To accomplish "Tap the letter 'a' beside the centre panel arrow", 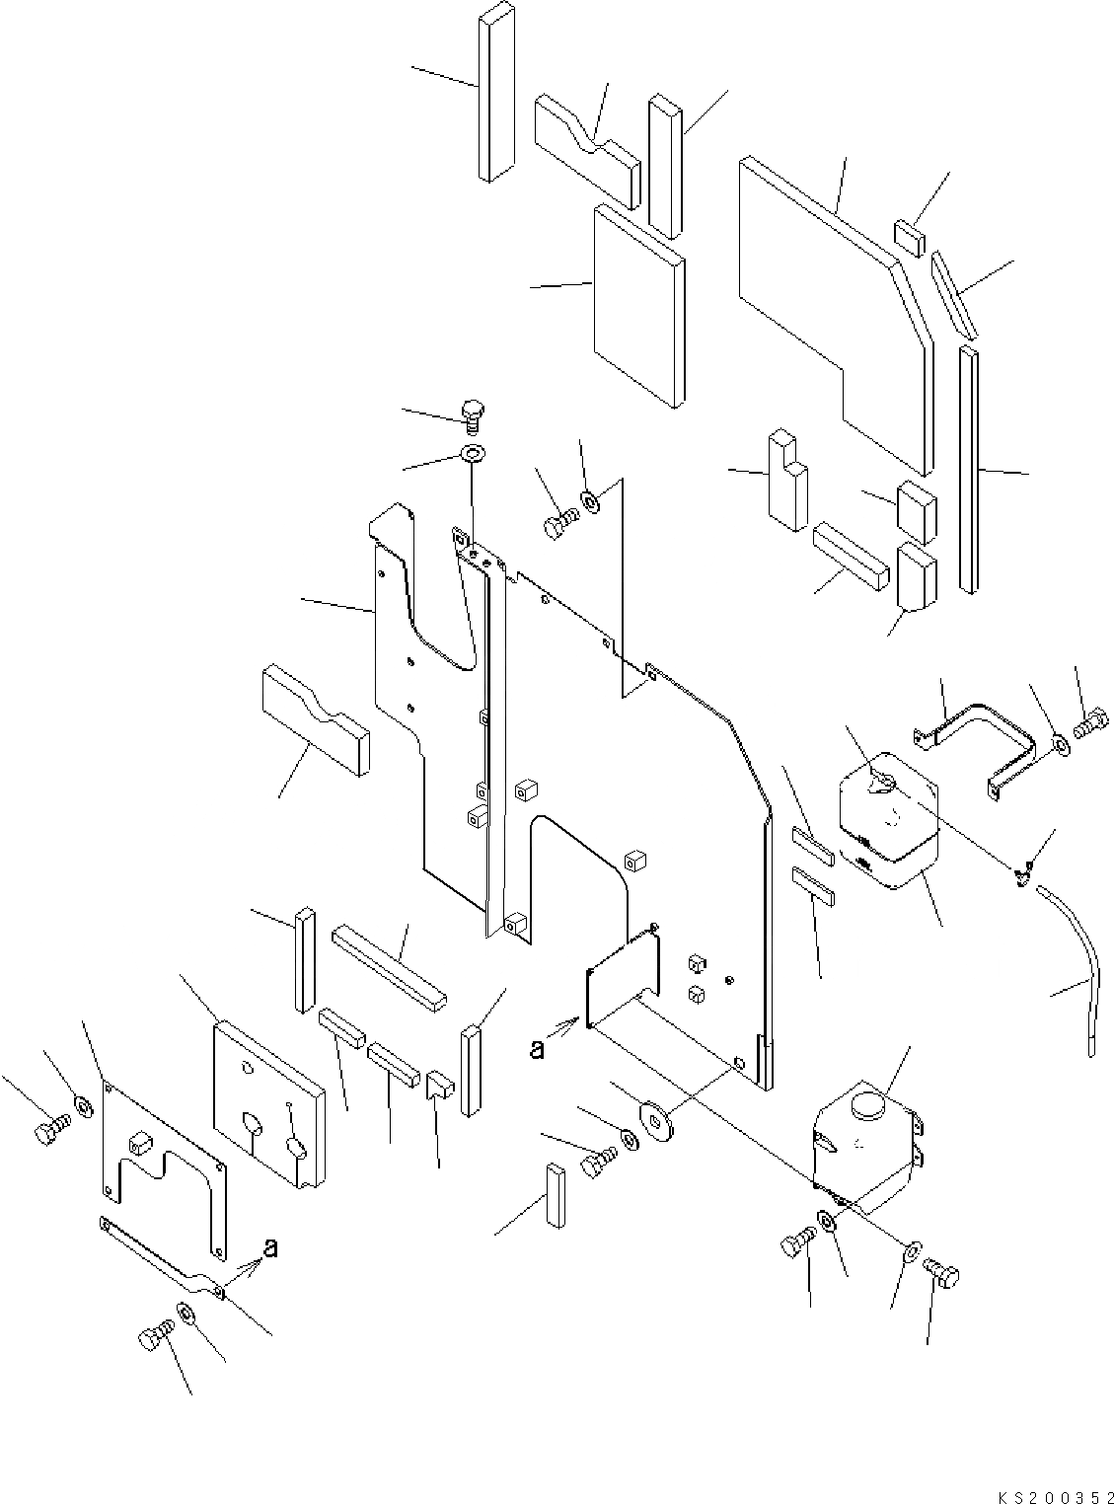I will [537, 1049].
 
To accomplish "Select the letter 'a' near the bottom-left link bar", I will [270, 1247].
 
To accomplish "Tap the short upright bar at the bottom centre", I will [555, 1194].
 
